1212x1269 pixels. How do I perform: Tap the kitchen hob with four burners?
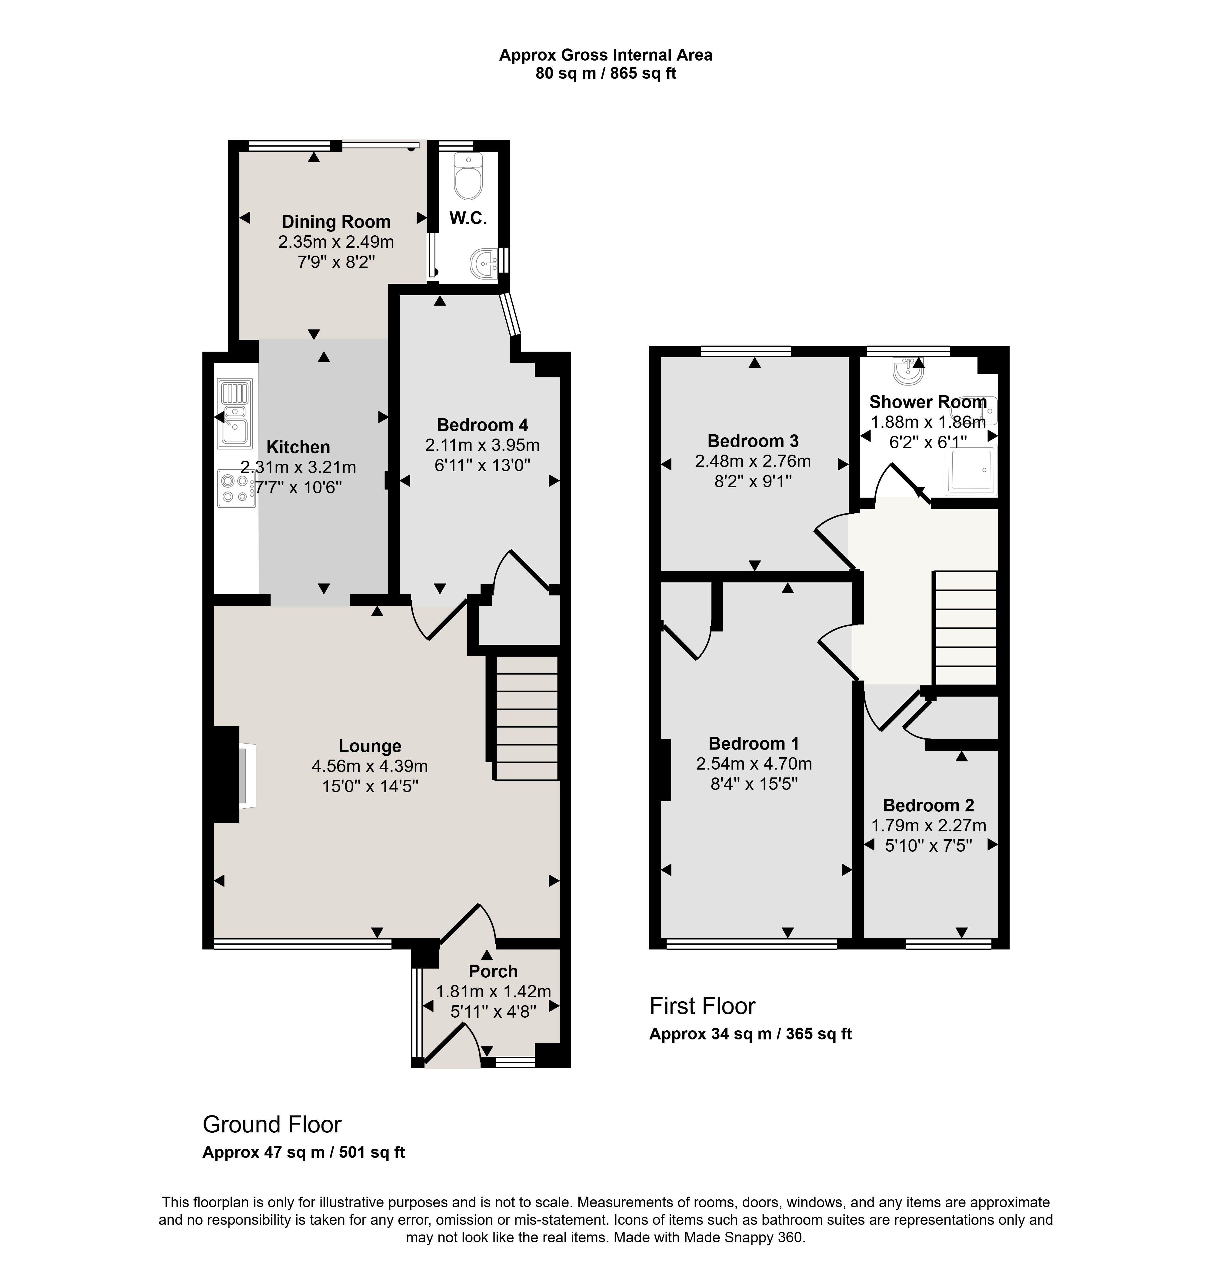pyautogui.click(x=236, y=488)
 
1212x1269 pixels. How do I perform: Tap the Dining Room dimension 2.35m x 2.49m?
pyautogui.click(x=336, y=242)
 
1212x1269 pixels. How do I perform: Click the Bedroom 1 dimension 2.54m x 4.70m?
pyautogui.click(x=754, y=764)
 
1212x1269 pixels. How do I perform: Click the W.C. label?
pyautogui.click(x=468, y=218)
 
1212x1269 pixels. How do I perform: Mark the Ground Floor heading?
pyautogui.click(x=272, y=1124)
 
